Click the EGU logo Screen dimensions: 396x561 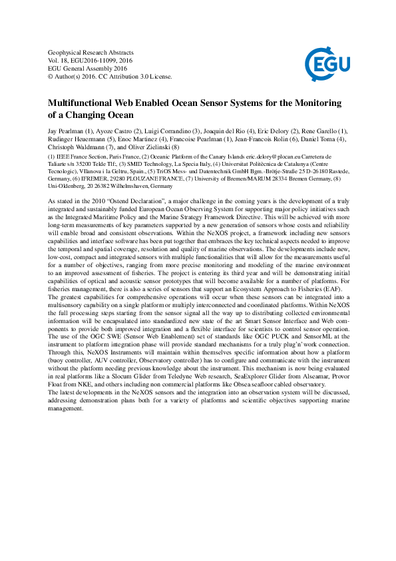point(326,64)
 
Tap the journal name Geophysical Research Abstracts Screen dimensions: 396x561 point(91,52)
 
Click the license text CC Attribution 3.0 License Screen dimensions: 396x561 point(137,76)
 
